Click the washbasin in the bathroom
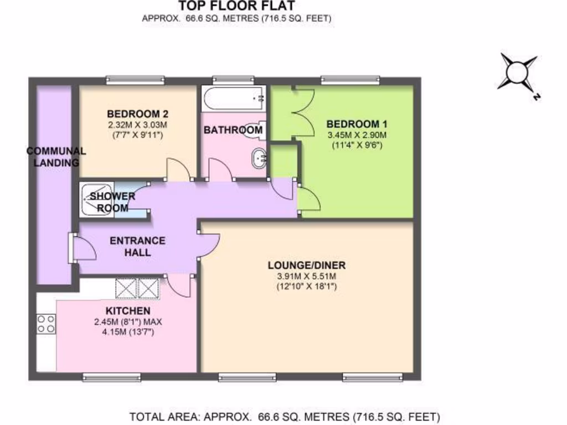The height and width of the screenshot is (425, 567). point(260,158)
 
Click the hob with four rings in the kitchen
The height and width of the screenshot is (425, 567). point(46,324)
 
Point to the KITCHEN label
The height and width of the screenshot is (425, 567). point(128,311)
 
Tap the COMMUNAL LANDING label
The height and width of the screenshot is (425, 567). point(55,157)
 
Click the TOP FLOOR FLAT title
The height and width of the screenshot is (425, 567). point(236,6)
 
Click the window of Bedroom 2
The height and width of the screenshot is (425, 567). point(135,80)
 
